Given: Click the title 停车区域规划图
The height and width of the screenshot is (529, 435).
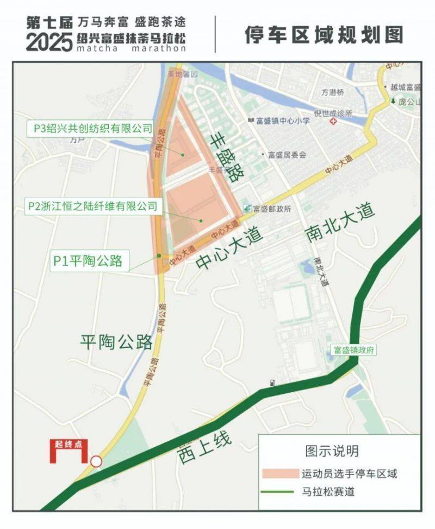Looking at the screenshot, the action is pyautogui.click(x=324, y=34).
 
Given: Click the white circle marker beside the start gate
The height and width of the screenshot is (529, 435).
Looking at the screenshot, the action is pyautogui.click(x=96, y=461).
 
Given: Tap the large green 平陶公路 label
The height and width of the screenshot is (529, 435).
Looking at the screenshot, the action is pyautogui.click(x=116, y=342).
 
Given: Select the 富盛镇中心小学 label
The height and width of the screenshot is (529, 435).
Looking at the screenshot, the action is pyautogui.click(x=283, y=120).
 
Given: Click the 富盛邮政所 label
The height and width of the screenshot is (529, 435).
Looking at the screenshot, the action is pyautogui.click(x=272, y=208).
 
